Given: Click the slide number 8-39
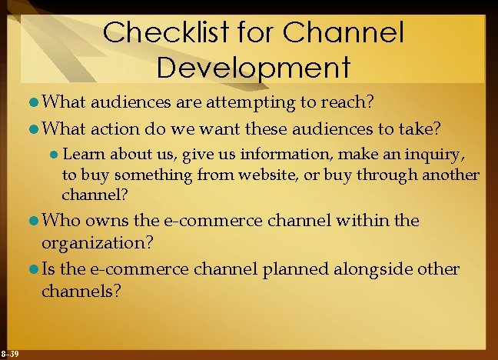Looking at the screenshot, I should click(x=11, y=353).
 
